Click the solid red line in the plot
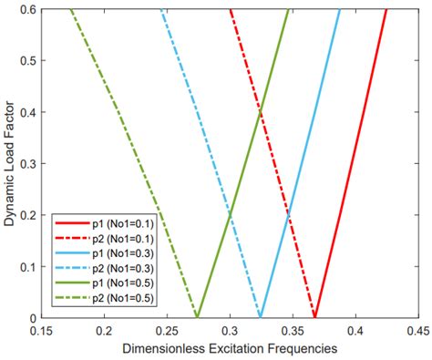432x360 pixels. (360, 164)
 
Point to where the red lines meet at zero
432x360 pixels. (315, 316)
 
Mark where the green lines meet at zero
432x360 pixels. (198, 316)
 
